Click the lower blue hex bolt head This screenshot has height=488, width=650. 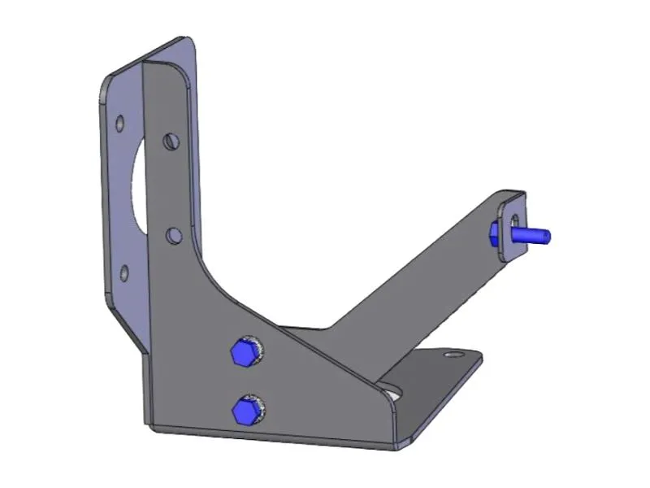(244, 411)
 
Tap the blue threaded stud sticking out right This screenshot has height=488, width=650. (533, 235)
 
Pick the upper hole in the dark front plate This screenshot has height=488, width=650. (170, 142)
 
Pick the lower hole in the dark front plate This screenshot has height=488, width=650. (173, 236)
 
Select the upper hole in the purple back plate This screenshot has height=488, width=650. (120, 124)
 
